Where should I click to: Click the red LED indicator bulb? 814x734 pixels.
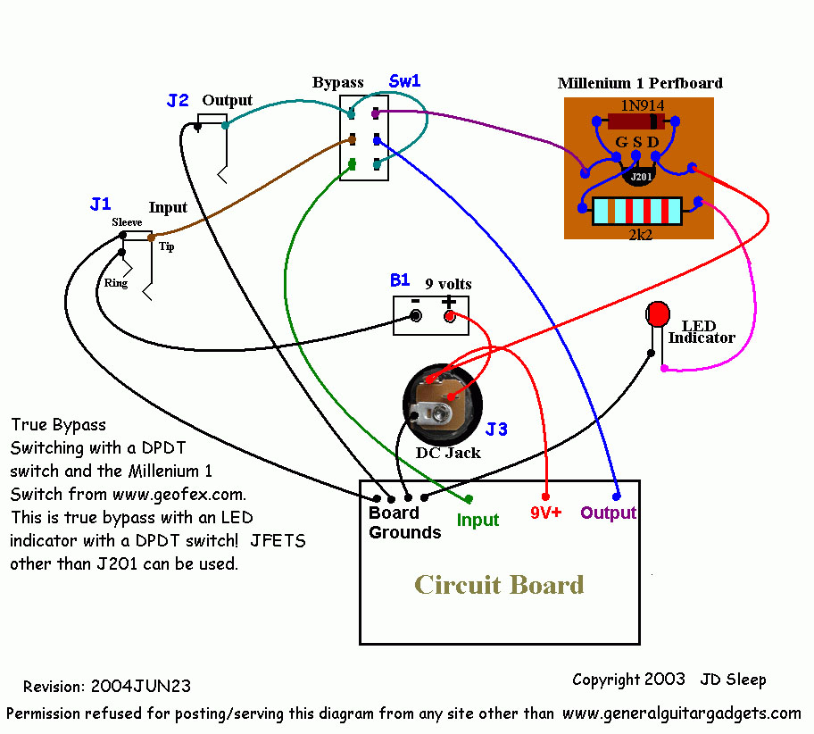coord(658,314)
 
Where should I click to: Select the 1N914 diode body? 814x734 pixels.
coord(636,121)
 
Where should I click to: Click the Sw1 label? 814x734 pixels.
coord(404,81)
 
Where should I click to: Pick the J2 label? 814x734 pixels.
coord(178,101)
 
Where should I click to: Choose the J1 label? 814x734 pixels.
coord(101,204)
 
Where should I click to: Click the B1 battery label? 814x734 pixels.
coord(400,280)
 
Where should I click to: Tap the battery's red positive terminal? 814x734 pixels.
coord(449,317)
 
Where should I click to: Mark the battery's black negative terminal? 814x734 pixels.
coord(415,317)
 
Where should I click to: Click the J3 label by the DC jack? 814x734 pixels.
coord(496,430)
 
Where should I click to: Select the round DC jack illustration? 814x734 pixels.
coord(440,403)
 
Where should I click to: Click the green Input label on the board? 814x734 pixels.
coord(478,520)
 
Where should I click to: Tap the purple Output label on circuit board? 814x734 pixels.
coord(608,513)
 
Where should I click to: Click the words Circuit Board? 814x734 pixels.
coord(499,585)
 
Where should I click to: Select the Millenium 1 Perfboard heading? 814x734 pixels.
coord(640,83)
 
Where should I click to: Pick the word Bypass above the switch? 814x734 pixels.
coord(337,83)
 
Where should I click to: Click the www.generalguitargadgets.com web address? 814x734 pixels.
coord(682,713)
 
